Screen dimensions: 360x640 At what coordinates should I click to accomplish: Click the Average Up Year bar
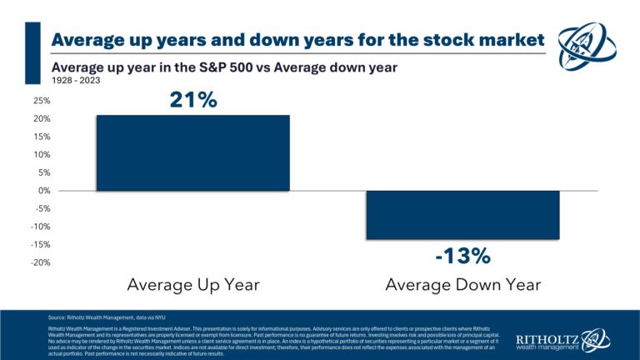click(x=192, y=153)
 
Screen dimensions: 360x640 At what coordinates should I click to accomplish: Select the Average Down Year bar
click(x=462, y=215)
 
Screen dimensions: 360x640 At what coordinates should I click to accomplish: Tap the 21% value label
click(x=193, y=100)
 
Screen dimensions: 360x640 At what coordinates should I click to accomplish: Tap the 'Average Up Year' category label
click(x=192, y=285)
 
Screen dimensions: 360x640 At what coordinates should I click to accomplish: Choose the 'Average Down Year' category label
click(x=463, y=285)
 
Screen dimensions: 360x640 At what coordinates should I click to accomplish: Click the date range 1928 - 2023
click(x=73, y=82)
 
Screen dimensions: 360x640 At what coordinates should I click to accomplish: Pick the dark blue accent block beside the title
click(x=33, y=52)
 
